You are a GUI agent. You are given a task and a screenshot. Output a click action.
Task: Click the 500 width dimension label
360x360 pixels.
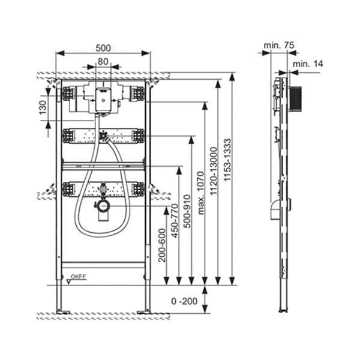tap(103, 46)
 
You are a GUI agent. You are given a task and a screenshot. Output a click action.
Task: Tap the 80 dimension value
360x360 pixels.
tap(103, 61)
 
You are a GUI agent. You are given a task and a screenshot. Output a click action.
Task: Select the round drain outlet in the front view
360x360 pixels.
tap(103, 207)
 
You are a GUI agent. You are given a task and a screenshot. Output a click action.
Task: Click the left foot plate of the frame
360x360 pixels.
tap(63, 311)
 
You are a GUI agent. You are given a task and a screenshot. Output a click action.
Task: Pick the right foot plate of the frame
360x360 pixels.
tap(143, 311)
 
